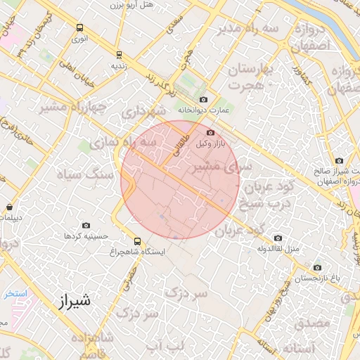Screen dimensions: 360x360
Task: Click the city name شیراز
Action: coord(72,302)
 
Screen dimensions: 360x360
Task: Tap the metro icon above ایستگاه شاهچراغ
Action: coord(138,240)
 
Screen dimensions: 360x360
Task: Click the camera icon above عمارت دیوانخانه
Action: coord(204,99)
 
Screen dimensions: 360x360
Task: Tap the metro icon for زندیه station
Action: coord(118,54)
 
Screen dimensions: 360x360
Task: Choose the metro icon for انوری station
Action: coord(79,28)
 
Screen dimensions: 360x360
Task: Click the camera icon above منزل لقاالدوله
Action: coord(278,238)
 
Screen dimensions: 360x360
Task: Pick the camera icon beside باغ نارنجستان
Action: coord(318,267)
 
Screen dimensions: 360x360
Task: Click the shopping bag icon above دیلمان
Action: coord(9,207)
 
